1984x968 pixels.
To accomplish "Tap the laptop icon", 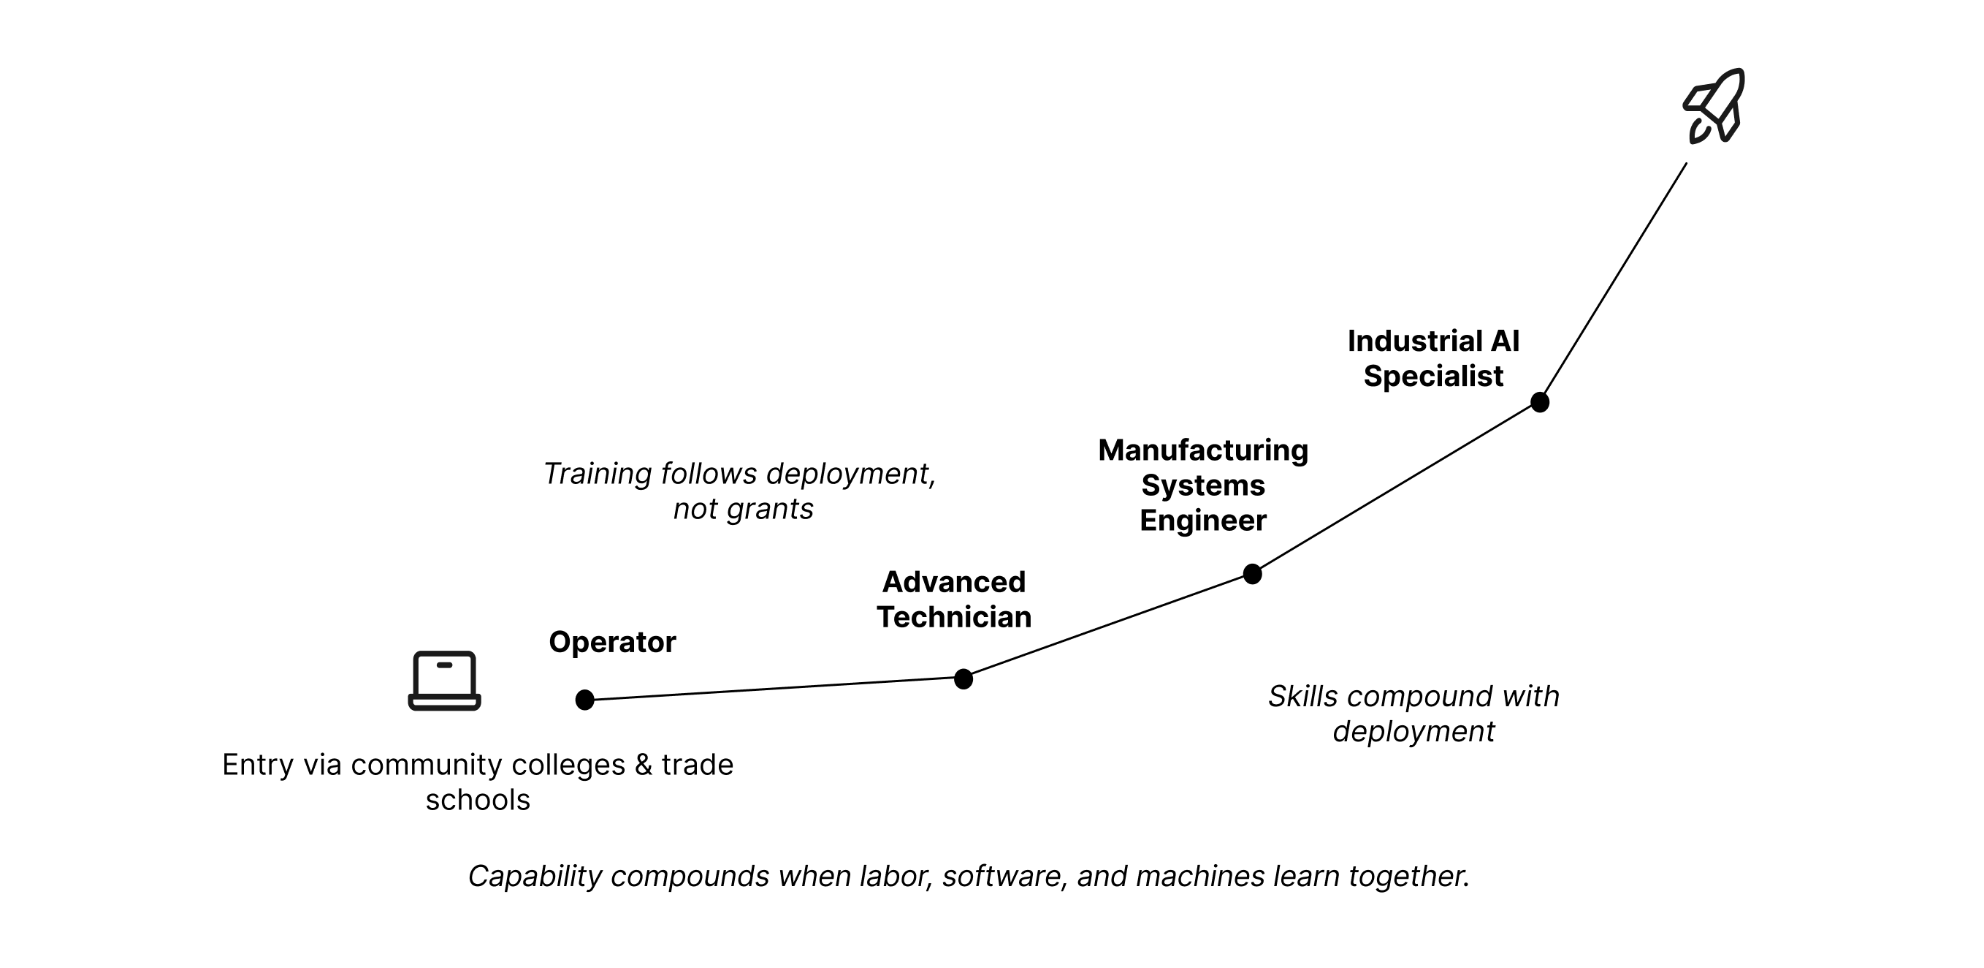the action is click(x=444, y=681).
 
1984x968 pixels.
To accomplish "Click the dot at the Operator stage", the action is click(x=584, y=700).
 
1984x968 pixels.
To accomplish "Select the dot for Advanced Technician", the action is click(x=963, y=679).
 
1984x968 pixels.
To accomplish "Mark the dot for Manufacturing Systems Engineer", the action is click(x=1252, y=574).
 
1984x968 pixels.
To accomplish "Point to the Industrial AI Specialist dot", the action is click(x=1540, y=402).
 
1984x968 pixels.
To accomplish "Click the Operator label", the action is click(x=612, y=642).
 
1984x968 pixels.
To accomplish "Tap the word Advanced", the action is click(x=953, y=582).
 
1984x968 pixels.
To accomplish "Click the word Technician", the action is click(x=953, y=617).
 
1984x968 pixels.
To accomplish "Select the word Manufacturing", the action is click(x=1203, y=450).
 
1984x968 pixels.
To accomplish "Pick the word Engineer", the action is click(x=1203, y=521).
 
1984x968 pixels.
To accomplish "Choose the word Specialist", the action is click(x=1433, y=376).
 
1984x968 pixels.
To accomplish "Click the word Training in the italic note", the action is click(x=598, y=474).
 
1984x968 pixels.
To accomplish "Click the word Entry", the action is click(x=257, y=765).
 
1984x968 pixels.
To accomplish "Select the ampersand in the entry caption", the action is click(x=643, y=765).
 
